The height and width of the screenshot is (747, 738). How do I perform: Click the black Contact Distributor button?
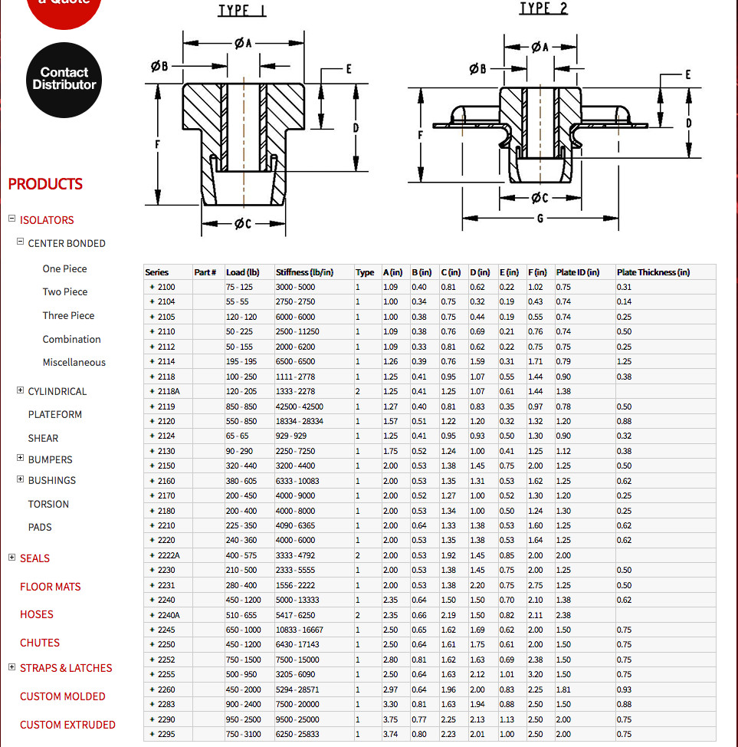(x=64, y=80)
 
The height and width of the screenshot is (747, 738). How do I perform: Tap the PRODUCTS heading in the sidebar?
(x=45, y=184)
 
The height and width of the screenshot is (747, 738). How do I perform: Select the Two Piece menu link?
(x=64, y=291)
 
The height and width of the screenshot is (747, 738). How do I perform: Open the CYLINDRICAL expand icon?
(x=20, y=390)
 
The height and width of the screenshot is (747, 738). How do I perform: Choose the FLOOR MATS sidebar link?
(x=50, y=587)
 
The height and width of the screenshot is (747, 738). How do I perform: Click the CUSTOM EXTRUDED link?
(x=67, y=725)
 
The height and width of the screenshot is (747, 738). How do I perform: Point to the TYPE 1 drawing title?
(x=242, y=11)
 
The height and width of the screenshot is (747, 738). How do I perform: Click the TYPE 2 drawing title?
(x=544, y=8)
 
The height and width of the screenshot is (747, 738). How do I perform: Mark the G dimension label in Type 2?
(x=540, y=218)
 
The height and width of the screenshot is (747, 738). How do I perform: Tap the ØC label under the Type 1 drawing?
(x=243, y=223)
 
